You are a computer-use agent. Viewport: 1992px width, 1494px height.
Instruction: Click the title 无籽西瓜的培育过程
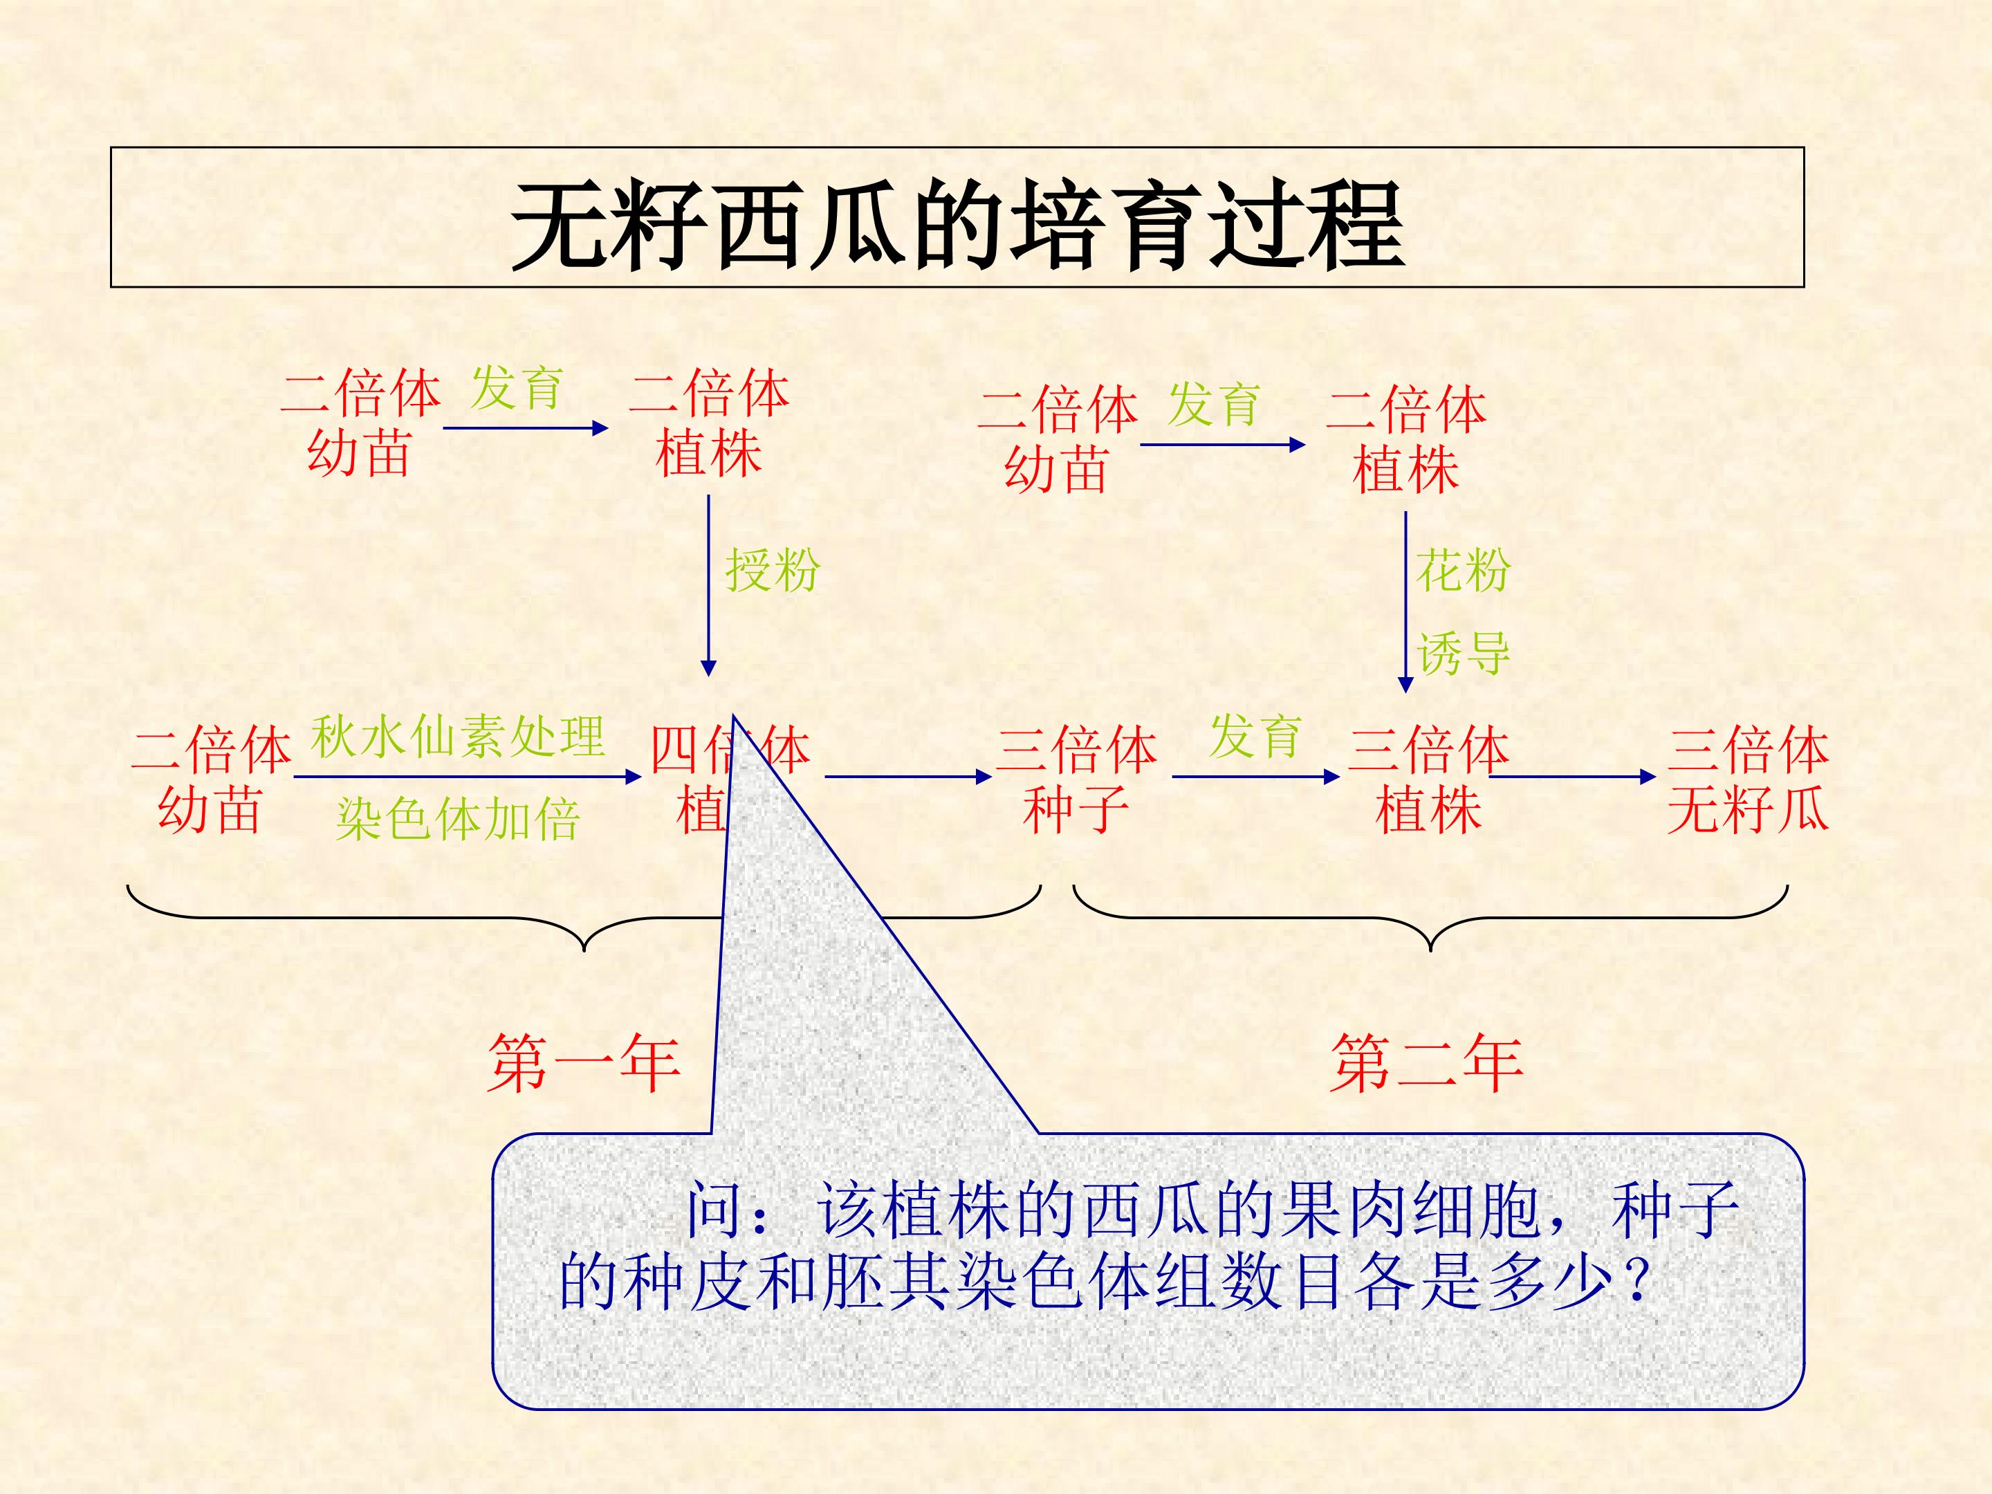pos(957,225)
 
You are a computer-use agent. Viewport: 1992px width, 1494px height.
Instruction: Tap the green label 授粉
pos(772,570)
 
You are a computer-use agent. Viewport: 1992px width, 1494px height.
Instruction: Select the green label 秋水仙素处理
pos(457,737)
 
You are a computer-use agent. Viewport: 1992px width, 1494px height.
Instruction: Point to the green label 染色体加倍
pos(457,820)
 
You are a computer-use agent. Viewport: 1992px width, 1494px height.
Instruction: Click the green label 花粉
pos(1462,570)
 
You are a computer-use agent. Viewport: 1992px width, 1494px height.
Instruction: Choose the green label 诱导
pos(1462,653)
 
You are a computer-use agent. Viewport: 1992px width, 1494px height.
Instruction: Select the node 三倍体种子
pos(1076,779)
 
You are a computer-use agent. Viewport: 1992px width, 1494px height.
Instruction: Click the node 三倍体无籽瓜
pos(1748,779)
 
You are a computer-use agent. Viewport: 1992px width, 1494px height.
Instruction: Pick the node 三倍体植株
pos(1428,779)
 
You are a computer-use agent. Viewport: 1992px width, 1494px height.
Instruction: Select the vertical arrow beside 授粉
pos(709,585)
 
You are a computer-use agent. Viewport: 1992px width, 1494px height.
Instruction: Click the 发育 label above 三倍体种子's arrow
pos(1255,737)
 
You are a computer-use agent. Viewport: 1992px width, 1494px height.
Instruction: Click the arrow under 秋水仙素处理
pos(466,776)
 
